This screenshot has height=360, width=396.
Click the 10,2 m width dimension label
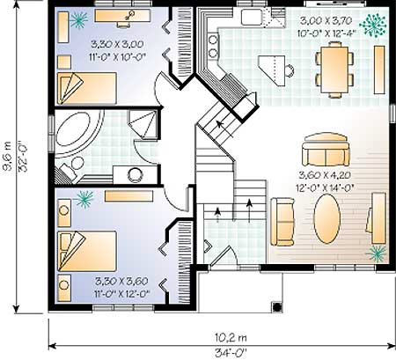231,338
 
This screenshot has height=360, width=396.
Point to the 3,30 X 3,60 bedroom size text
121,282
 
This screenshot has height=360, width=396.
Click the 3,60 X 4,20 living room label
325,175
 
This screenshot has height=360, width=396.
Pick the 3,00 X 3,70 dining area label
326,20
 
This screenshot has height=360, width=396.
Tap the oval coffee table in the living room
327,218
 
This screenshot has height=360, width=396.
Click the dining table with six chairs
334,70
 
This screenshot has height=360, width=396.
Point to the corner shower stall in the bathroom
143,124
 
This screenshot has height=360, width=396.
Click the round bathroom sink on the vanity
135,175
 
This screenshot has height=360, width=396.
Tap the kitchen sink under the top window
252,17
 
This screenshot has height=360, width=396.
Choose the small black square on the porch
277,307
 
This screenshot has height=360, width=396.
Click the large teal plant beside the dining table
373,26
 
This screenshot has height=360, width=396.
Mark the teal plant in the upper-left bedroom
78,20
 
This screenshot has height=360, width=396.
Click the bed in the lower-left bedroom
87,251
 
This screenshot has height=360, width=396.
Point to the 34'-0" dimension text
231,352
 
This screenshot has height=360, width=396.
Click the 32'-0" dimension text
22,156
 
